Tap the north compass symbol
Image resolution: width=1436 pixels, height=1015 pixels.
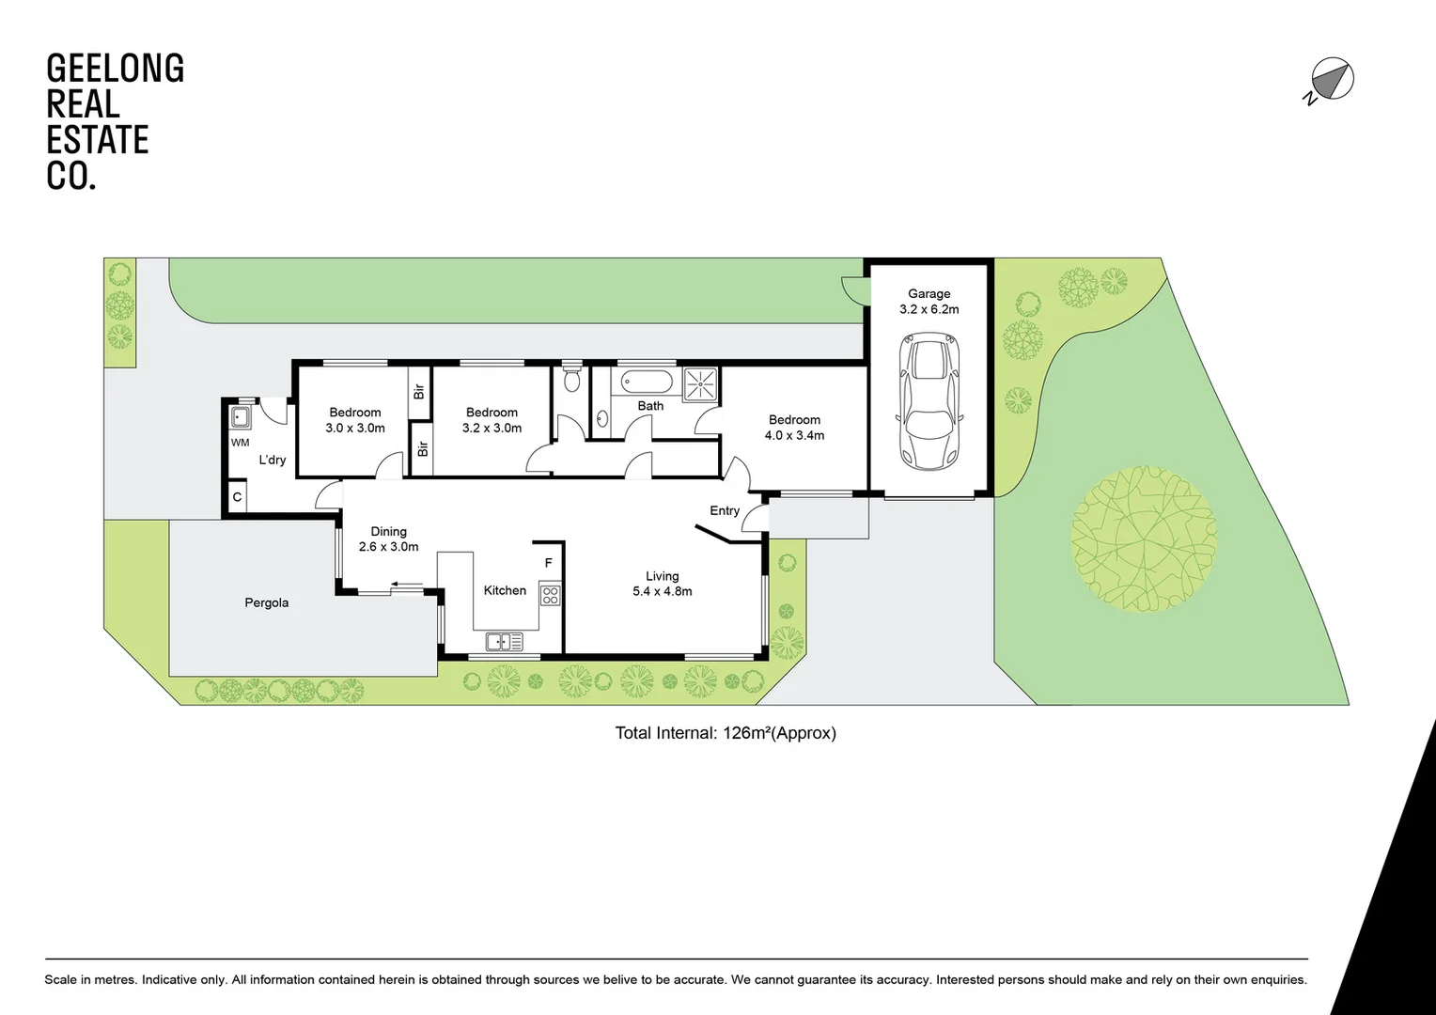1332,80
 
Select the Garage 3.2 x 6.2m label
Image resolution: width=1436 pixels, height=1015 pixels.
929,302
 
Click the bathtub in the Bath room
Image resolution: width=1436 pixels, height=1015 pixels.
647,383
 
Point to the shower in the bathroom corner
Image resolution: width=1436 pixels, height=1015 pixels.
700,383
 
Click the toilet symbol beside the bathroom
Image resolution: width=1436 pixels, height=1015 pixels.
571,380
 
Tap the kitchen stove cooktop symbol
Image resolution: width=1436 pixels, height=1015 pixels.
550,595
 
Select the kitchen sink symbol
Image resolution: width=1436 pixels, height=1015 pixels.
504,642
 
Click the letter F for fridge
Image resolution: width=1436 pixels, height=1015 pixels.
549,563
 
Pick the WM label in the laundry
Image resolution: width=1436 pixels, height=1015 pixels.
241,443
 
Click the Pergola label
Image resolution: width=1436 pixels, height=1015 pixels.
266,602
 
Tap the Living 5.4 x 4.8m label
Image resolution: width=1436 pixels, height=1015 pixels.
662,584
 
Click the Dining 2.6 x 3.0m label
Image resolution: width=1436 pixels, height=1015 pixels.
388,539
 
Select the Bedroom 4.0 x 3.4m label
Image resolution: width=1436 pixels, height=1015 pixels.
794,428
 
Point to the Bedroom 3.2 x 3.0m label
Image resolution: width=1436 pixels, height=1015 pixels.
492,420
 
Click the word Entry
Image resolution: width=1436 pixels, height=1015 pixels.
725,510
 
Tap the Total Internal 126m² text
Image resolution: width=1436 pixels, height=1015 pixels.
725,733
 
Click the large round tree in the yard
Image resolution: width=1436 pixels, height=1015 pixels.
1143,539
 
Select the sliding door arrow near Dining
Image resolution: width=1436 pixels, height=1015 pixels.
407,586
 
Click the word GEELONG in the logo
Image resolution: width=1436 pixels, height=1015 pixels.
115,69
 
